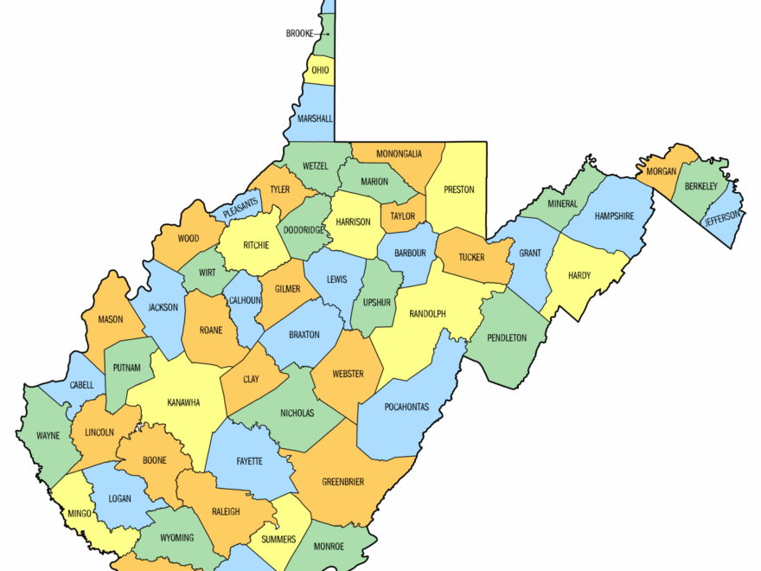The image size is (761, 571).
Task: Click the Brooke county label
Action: coord(299,34)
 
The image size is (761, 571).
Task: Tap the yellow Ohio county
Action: coord(320,70)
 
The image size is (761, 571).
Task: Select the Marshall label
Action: coord(314,119)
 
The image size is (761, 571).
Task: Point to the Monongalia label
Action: coord(399,154)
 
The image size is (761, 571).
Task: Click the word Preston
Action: coord(458,189)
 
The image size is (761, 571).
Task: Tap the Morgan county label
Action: coord(659,172)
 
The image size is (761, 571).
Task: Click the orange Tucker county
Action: coord(471,257)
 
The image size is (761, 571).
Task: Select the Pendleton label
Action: coord(507,337)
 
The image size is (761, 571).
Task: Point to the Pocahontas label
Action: coord(406,407)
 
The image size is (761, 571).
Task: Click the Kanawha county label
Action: coord(183,402)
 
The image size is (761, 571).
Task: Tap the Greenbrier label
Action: coord(342,482)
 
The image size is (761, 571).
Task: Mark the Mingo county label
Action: coord(79,514)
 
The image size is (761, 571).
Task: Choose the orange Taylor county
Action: coord(403,215)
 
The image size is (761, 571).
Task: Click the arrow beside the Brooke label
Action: coord(323,34)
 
